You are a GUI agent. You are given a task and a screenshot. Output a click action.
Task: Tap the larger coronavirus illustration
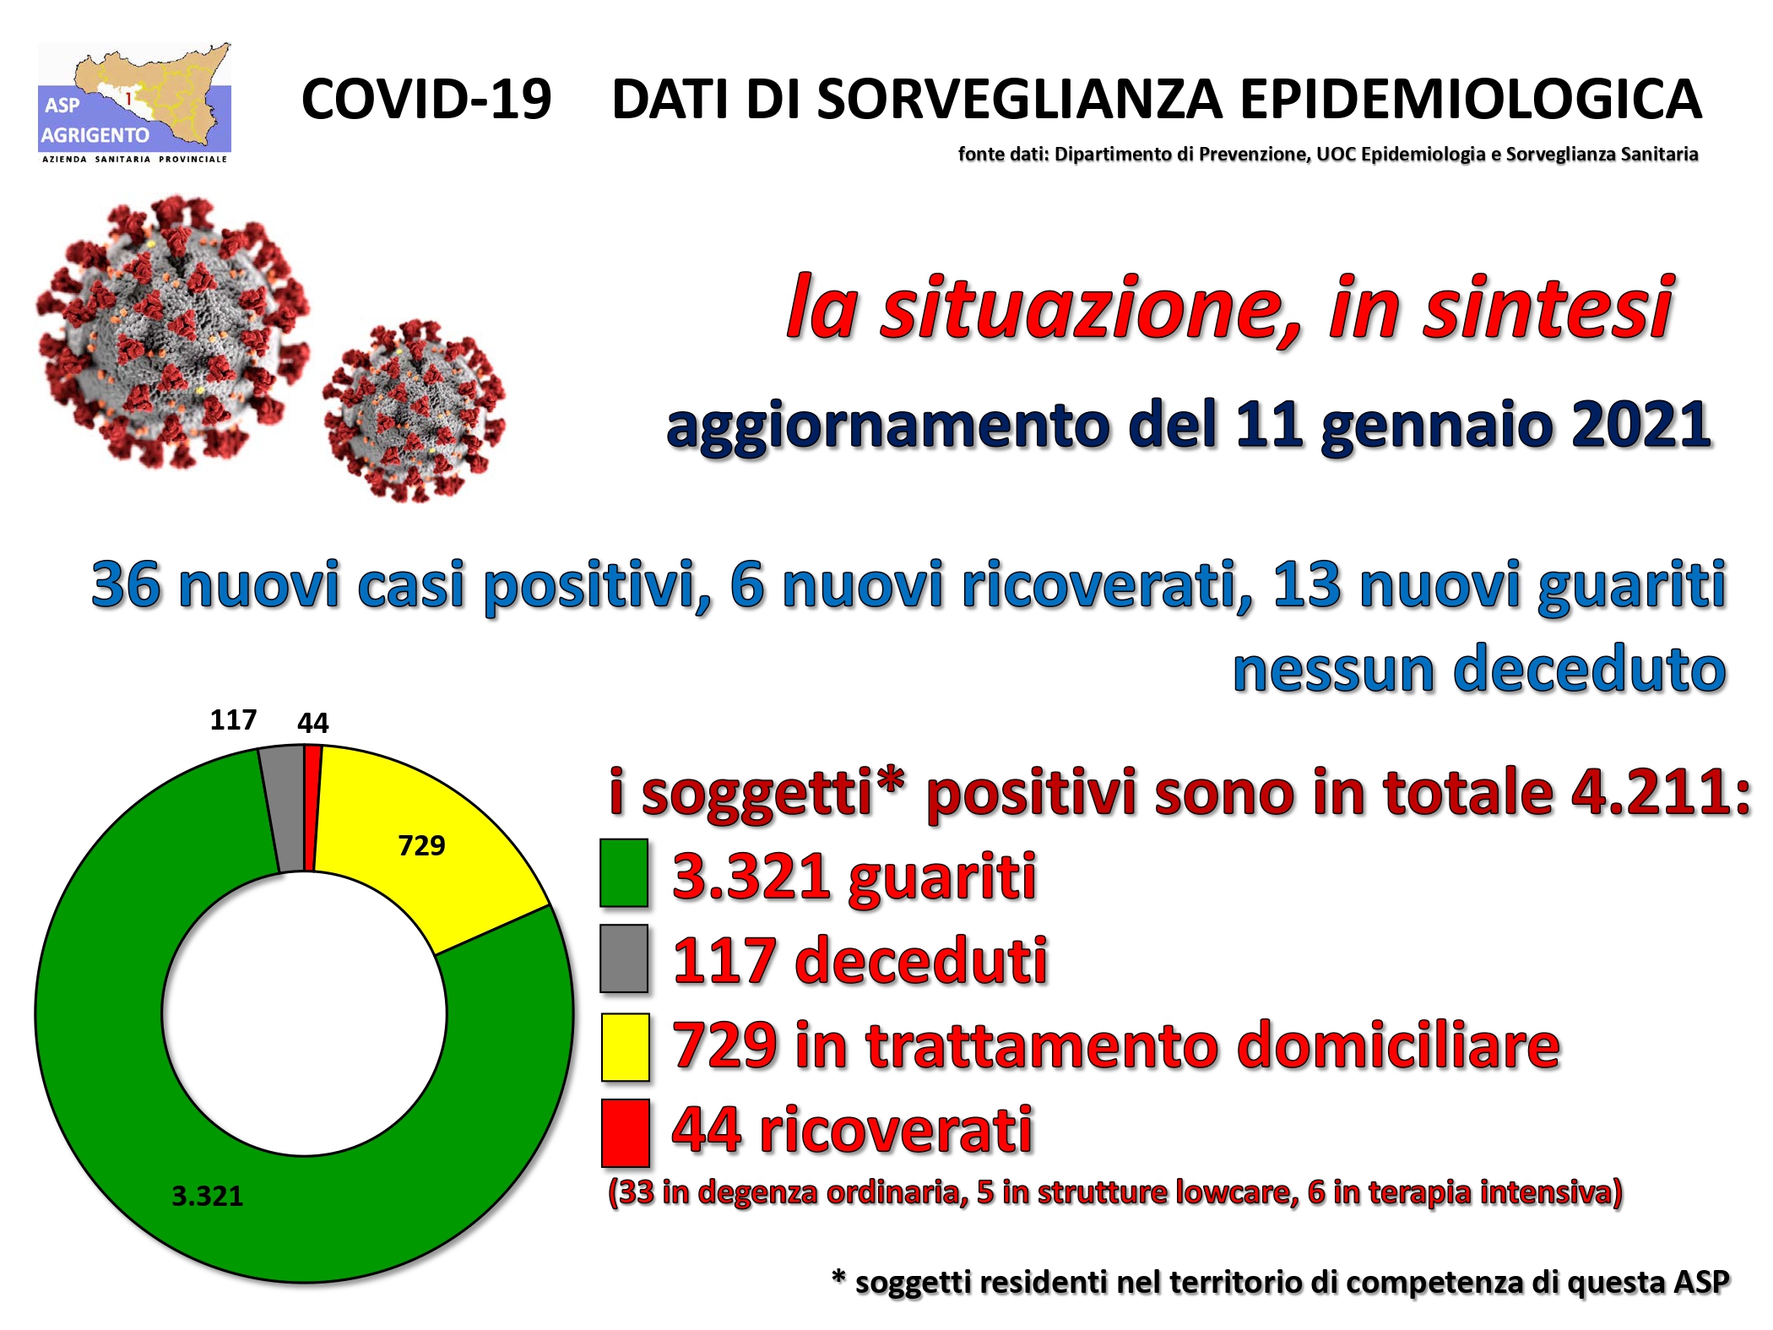(x=173, y=332)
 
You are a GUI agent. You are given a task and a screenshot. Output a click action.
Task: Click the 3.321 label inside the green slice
(x=207, y=1196)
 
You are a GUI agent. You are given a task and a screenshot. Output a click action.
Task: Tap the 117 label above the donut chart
(x=233, y=719)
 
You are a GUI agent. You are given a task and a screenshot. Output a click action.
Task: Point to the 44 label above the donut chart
(x=312, y=723)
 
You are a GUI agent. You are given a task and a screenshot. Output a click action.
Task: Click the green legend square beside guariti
(x=624, y=872)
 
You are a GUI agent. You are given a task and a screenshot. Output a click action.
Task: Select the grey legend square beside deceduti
(x=624, y=958)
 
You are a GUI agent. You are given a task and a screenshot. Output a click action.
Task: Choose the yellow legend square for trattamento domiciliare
(x=625, y=1047)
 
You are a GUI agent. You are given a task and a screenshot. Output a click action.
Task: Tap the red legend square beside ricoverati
(x=625, y=1132)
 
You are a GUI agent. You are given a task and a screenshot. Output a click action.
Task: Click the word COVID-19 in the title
(x=426, y=99)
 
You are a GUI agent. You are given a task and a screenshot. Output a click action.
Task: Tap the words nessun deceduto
(x=1479, y=669)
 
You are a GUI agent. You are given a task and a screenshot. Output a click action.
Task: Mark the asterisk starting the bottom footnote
(x=839, y=1276)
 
